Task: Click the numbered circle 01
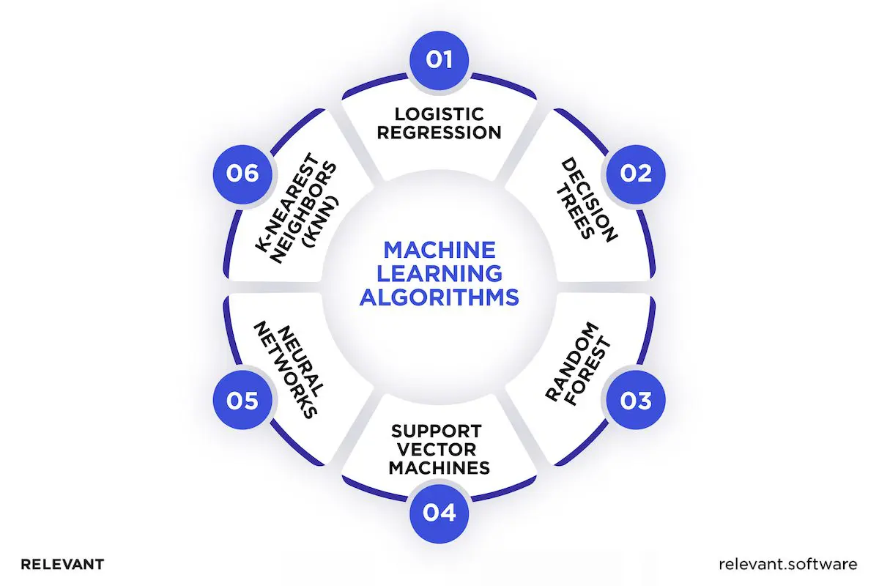(x=439, y=59)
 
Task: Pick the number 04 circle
(x=439, y=513)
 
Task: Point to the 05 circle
(x=243, y=401)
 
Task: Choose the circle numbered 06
(x=243, y=173)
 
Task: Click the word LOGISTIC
(x=439, y=114)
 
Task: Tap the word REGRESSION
(x=439, y=133)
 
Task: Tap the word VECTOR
(x=439, y=448)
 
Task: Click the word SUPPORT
(x=439, y=430)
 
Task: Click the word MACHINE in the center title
(x=439, y=251)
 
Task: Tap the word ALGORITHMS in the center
(x=439, y=298)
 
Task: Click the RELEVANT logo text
(x=62, y=564)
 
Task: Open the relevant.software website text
(x=788, y=564)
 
